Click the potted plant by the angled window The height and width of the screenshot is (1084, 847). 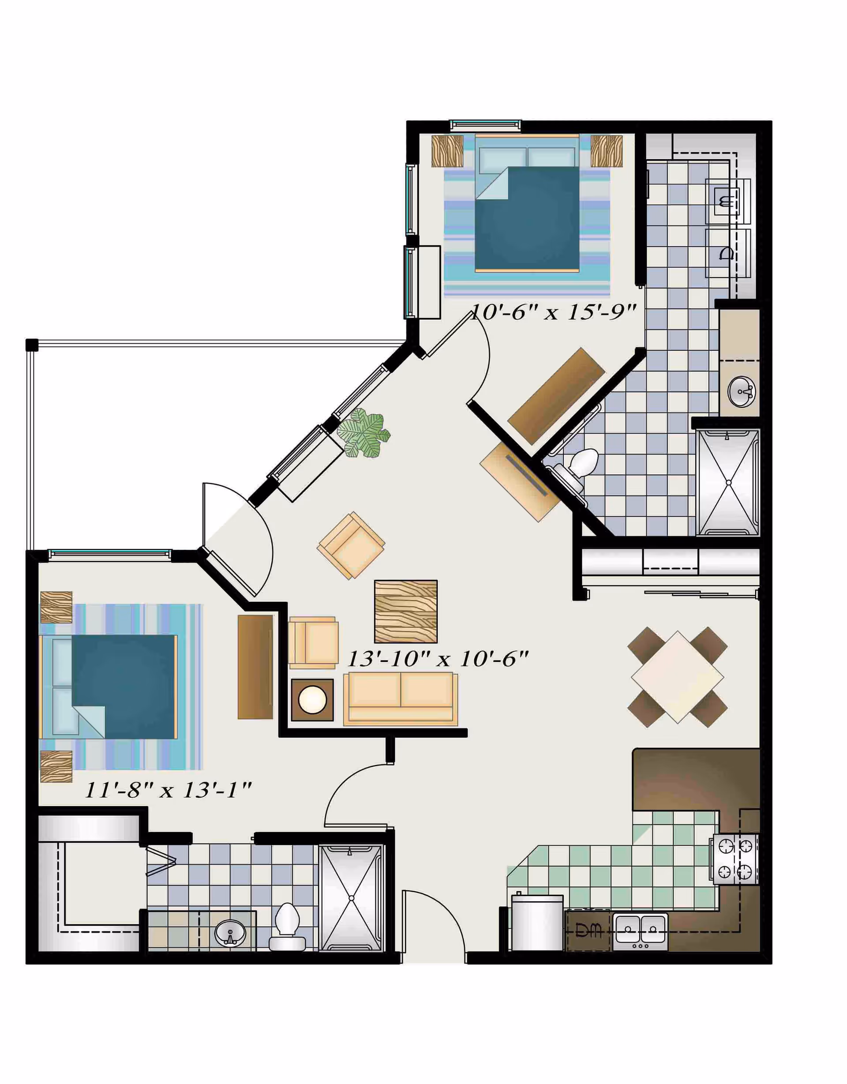point(363,433)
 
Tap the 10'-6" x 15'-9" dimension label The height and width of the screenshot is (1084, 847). point(552,312)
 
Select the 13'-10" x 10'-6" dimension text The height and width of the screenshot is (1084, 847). point(437,659)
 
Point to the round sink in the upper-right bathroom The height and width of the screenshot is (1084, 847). point(741,391)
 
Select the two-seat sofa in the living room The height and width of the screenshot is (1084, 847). point(401,698)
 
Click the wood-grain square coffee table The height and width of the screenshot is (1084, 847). point(405,611)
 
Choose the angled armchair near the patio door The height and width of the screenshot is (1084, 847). point(351,545)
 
